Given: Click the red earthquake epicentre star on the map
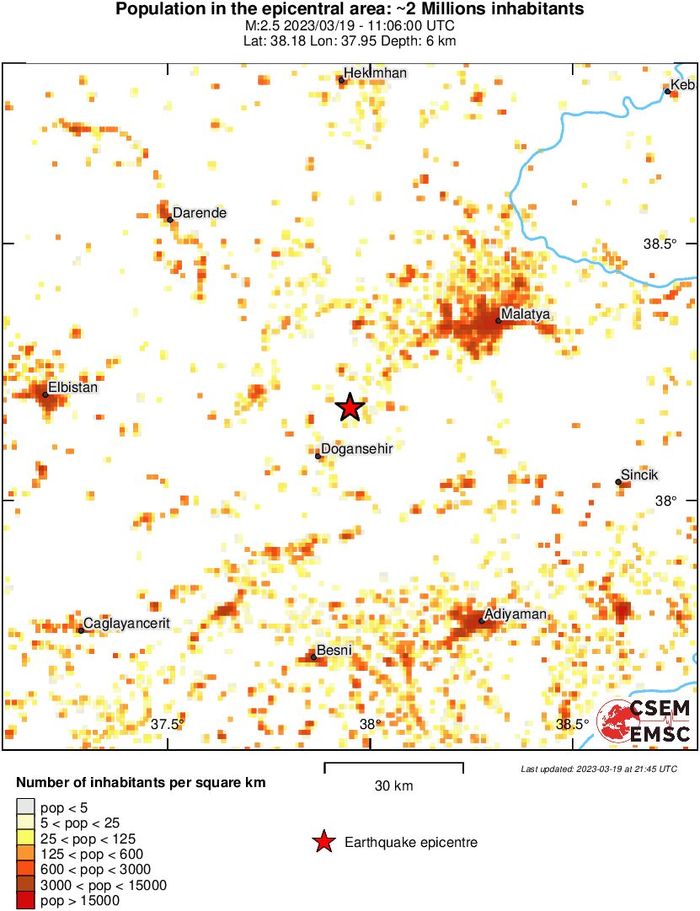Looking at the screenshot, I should [x=350, y=407].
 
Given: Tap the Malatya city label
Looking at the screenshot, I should [x=526, y=315].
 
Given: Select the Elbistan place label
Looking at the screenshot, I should [x=73, y=389].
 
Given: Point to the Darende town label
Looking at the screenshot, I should [x=200, y=213].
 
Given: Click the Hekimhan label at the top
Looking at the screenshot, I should [x=377, y=73].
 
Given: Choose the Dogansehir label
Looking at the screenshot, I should [x=357, y=449].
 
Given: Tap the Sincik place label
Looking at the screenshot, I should [x=639, y=474].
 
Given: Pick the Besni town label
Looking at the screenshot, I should [x=334, y=651].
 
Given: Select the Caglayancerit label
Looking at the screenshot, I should [x=126, y=624].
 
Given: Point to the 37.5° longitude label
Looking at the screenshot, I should [x=168, y=724].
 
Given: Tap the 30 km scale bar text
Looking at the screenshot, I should [x=393, y=786].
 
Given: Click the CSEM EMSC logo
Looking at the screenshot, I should [x=644, y=722].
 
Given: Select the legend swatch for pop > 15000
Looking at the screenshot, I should [x=26, y=901].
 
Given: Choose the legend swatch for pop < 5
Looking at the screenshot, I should [x=26, y=808].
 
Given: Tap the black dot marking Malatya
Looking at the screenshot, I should [x=499, y=320].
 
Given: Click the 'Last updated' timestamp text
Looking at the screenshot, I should [x=599, y=769].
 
